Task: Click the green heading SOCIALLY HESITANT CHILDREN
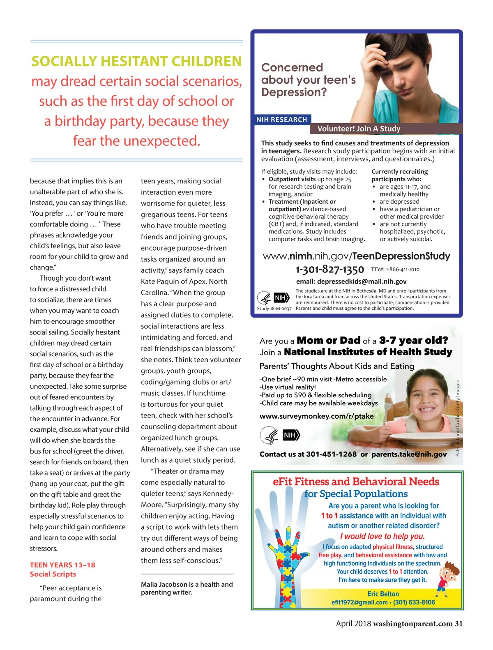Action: pyautogui.click(x=136, y=61)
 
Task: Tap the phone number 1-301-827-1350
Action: pyautogui.click(x=329, y=270)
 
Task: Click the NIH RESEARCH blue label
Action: pyautogui.click(x=281, y=120)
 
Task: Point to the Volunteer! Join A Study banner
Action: pyautogui.click(x=358, y=129)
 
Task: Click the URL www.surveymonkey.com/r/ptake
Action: pyautogui.click(x=316, y=416)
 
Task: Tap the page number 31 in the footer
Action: pyautogui.click(x=458, y=624)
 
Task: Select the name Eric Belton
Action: pyautogui.click(x=383, y=594)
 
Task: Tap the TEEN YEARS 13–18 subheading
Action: pyautogui.click(x=62, y=565)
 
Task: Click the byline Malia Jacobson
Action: pyautogui.click(x=164, y=584)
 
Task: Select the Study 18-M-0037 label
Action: pyautogui.click(x=274, y=309)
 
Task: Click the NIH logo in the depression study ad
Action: pyautogui.click(x=281, y=297)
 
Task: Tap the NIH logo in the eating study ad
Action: pyautogui.click(x=290, y=435)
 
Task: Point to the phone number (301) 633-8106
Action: pyautogui.click(x=414, y=602)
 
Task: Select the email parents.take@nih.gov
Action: pyautogui.click(x=409, y=454)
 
